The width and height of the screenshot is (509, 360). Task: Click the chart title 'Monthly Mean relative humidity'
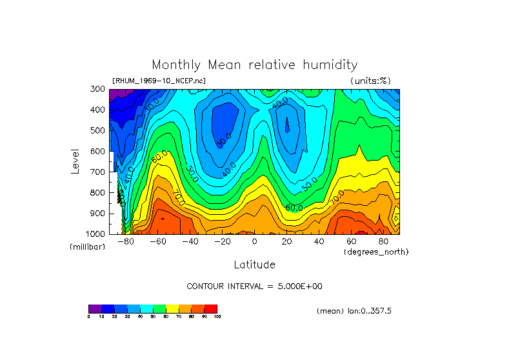[254, 65]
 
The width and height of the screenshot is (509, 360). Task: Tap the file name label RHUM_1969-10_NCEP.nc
[159, 81]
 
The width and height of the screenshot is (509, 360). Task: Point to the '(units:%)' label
[370, 81]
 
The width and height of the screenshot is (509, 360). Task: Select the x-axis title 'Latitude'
[254, 265]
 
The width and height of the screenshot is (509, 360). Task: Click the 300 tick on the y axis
[97, 89]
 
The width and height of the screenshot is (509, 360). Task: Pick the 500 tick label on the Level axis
[97, 130]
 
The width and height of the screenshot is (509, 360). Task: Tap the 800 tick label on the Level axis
[97, 192]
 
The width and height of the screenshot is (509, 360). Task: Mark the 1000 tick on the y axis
[95, 234]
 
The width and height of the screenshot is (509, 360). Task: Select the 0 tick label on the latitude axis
[254, 241]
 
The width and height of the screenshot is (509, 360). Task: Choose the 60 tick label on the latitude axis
[351, 241]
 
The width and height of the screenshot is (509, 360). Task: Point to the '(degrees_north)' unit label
[375, 252]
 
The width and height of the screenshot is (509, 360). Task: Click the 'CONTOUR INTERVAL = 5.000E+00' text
[254, 286]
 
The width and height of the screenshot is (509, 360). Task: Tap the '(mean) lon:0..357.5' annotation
[354, 311]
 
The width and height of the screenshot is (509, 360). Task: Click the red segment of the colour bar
[211, 308]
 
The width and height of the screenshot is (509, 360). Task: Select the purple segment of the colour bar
[95, 308]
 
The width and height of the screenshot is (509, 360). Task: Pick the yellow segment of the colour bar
[172, 308]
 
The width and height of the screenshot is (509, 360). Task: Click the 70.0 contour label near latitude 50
[337, 196]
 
